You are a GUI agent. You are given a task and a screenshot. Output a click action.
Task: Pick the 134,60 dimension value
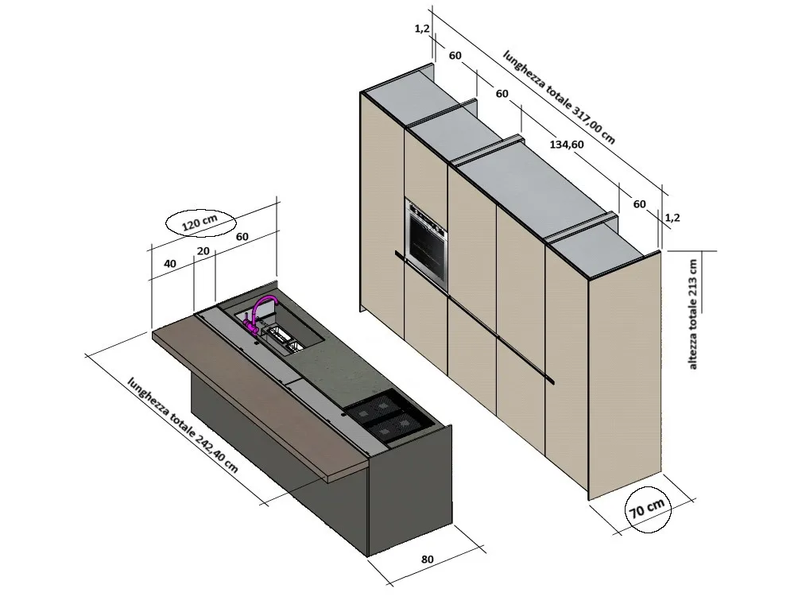pyautogui.click(x=567, y=145)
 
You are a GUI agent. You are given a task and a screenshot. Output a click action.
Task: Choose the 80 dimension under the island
pyautogui.click(x=427, y=559)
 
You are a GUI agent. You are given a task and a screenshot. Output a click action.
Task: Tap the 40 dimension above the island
pyautogui.click(x=170, y=263)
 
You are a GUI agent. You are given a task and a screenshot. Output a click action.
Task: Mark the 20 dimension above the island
pyautogui.click(x=204, y=250)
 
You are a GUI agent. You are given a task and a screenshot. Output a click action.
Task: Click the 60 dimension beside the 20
pyautogui.click(x=242, y=236)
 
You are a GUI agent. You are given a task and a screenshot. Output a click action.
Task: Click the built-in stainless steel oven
pyautogui.click(x=426, y=242)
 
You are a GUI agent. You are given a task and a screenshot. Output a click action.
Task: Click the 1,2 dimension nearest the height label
pyautogui.click(x=672, y=217)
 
